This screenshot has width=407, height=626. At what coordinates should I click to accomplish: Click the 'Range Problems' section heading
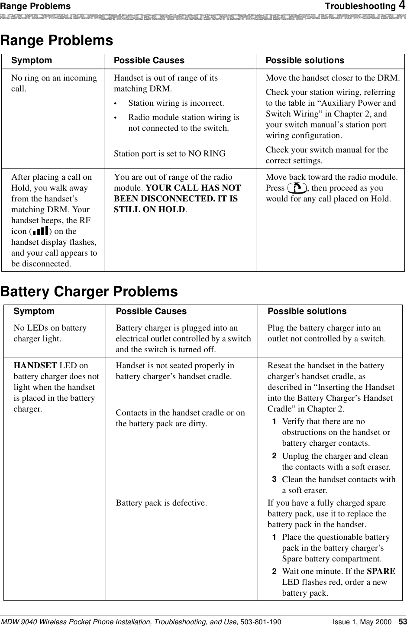(x=57, y=41)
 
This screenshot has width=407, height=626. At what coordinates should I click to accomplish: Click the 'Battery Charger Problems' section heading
(x=89, y=292)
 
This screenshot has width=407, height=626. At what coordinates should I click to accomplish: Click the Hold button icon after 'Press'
(x=297, y=188)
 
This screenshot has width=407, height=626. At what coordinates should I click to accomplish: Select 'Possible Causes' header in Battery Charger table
(x=151, y=311)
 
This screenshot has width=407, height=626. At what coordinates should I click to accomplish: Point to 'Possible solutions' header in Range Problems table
(x=305, y=61)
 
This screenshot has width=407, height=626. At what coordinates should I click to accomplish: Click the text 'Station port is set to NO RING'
(x=169, y=154)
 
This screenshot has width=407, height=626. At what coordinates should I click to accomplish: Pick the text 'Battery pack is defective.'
(x=161, y=503)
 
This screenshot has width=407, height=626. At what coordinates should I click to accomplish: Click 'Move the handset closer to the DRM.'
(x=333, y=78)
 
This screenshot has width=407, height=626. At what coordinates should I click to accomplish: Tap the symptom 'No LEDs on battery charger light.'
(x=50, y=333)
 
